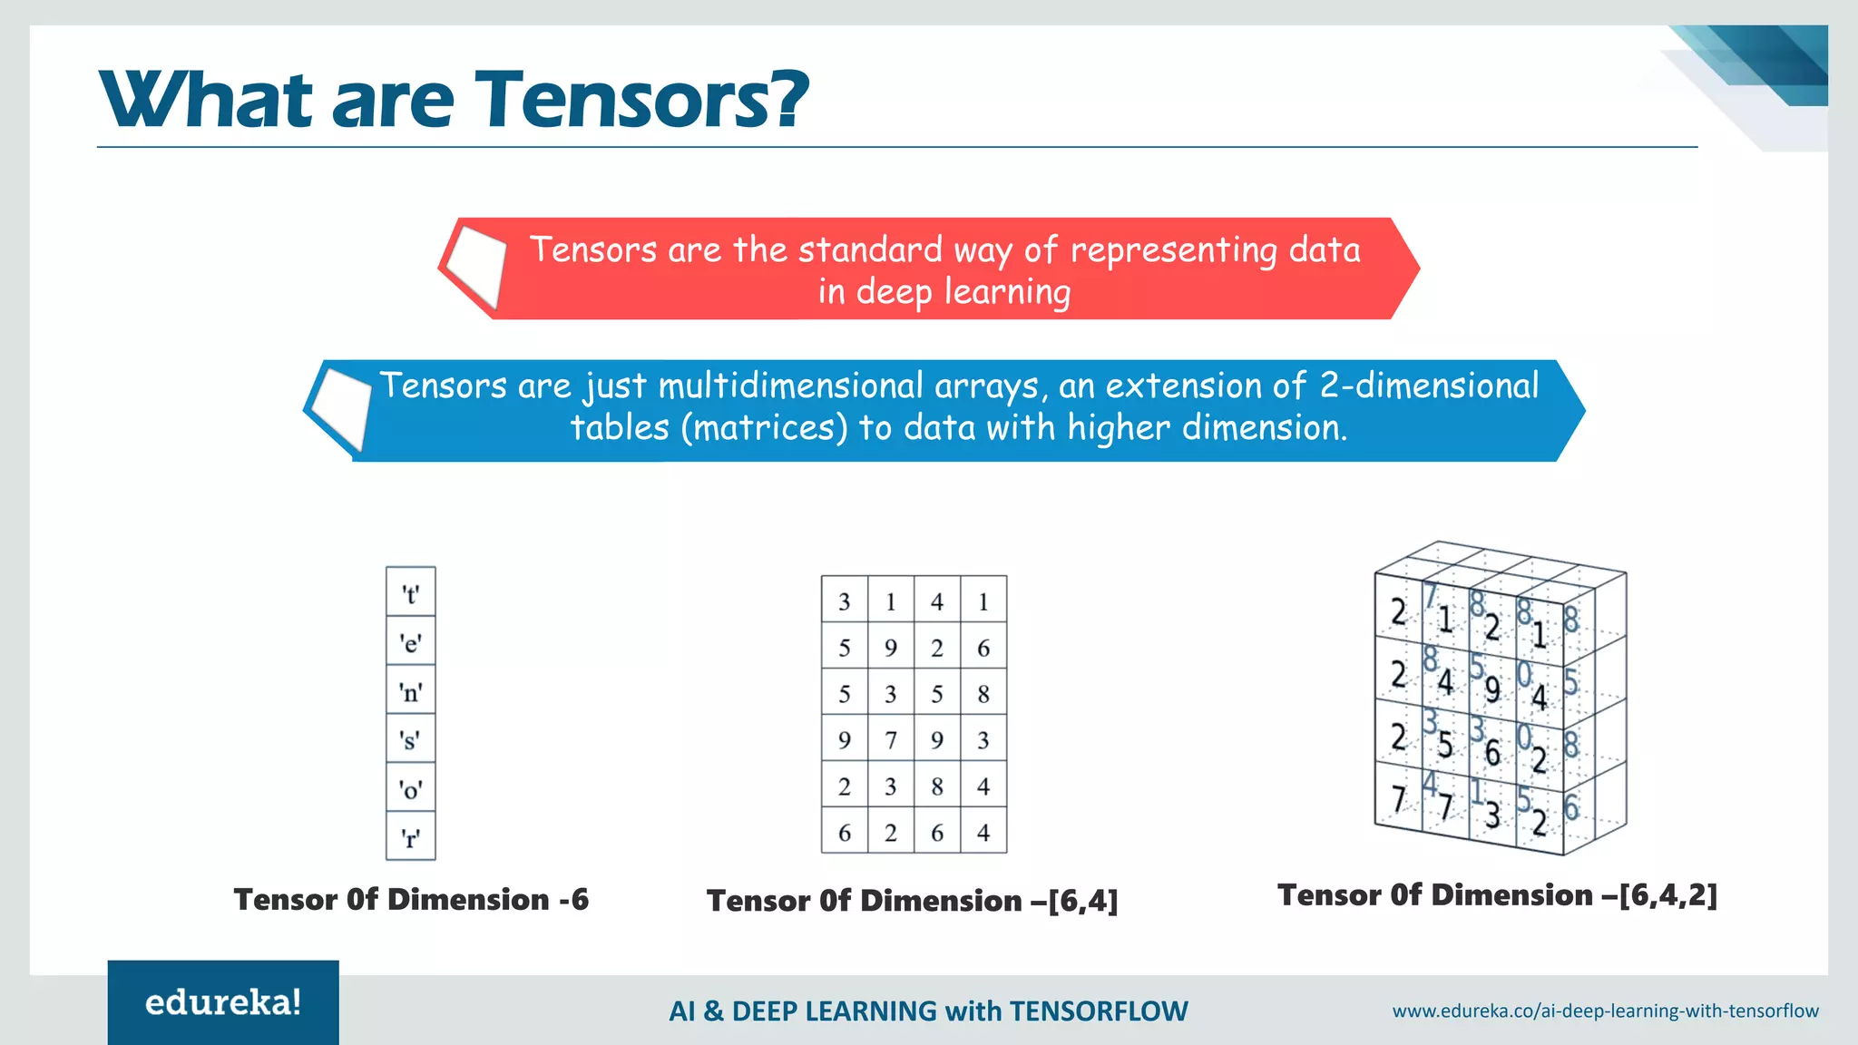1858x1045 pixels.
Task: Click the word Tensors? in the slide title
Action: tap(641, 100)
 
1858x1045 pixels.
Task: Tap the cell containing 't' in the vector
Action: tap(411, 594)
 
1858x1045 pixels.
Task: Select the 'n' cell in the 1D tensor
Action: tap(411, 692)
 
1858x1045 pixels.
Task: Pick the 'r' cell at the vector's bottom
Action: tap(411, 837)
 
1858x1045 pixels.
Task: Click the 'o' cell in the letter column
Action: tap(411, 789)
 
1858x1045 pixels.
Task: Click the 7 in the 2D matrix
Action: tap(891, 740)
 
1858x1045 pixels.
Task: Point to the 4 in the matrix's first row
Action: tap(937, 601)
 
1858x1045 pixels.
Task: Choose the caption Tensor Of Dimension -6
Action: tap(411, 900)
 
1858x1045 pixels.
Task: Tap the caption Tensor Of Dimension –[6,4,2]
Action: tap(1497, 895)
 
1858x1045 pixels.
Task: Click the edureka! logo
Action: tap(223, 1002)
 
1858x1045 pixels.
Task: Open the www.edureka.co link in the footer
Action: tap(1605, 1011)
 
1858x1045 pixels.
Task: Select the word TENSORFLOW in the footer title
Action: tap(1098, 1011)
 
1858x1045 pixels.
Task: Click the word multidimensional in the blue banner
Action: tap(790, 386)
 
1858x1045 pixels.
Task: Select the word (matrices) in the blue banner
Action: tap(764, 427)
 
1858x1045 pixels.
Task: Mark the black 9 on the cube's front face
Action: tap(1492, 689)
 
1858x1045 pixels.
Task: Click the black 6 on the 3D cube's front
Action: tap(1492, 752)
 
